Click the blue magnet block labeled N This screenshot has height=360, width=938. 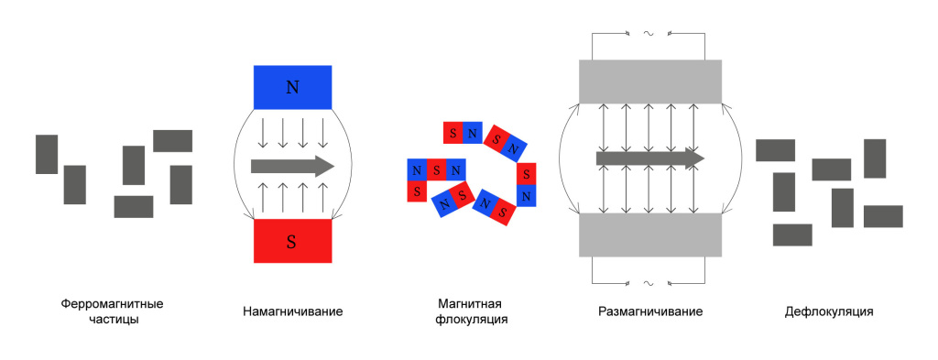point(292,87)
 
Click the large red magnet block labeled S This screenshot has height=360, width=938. point(292,241)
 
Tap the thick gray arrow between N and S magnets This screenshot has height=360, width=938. point(292,166)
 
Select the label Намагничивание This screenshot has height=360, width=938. point(292,311)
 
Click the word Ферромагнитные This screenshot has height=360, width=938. point(112,304)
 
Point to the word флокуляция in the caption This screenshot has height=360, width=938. point(472,320)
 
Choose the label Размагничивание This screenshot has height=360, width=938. point(650,311)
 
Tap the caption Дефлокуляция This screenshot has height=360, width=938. point(828,311)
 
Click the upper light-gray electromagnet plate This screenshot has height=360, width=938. point(650,82)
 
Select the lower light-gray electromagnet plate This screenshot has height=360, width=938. point(650,235)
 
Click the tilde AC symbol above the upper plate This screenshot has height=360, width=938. point(648,34)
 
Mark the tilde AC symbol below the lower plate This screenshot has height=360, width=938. point(648,283)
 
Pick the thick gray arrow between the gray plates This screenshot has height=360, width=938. point(650,158)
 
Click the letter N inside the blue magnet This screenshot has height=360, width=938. point(292,87)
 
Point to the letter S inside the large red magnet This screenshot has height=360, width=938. point(291,242)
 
